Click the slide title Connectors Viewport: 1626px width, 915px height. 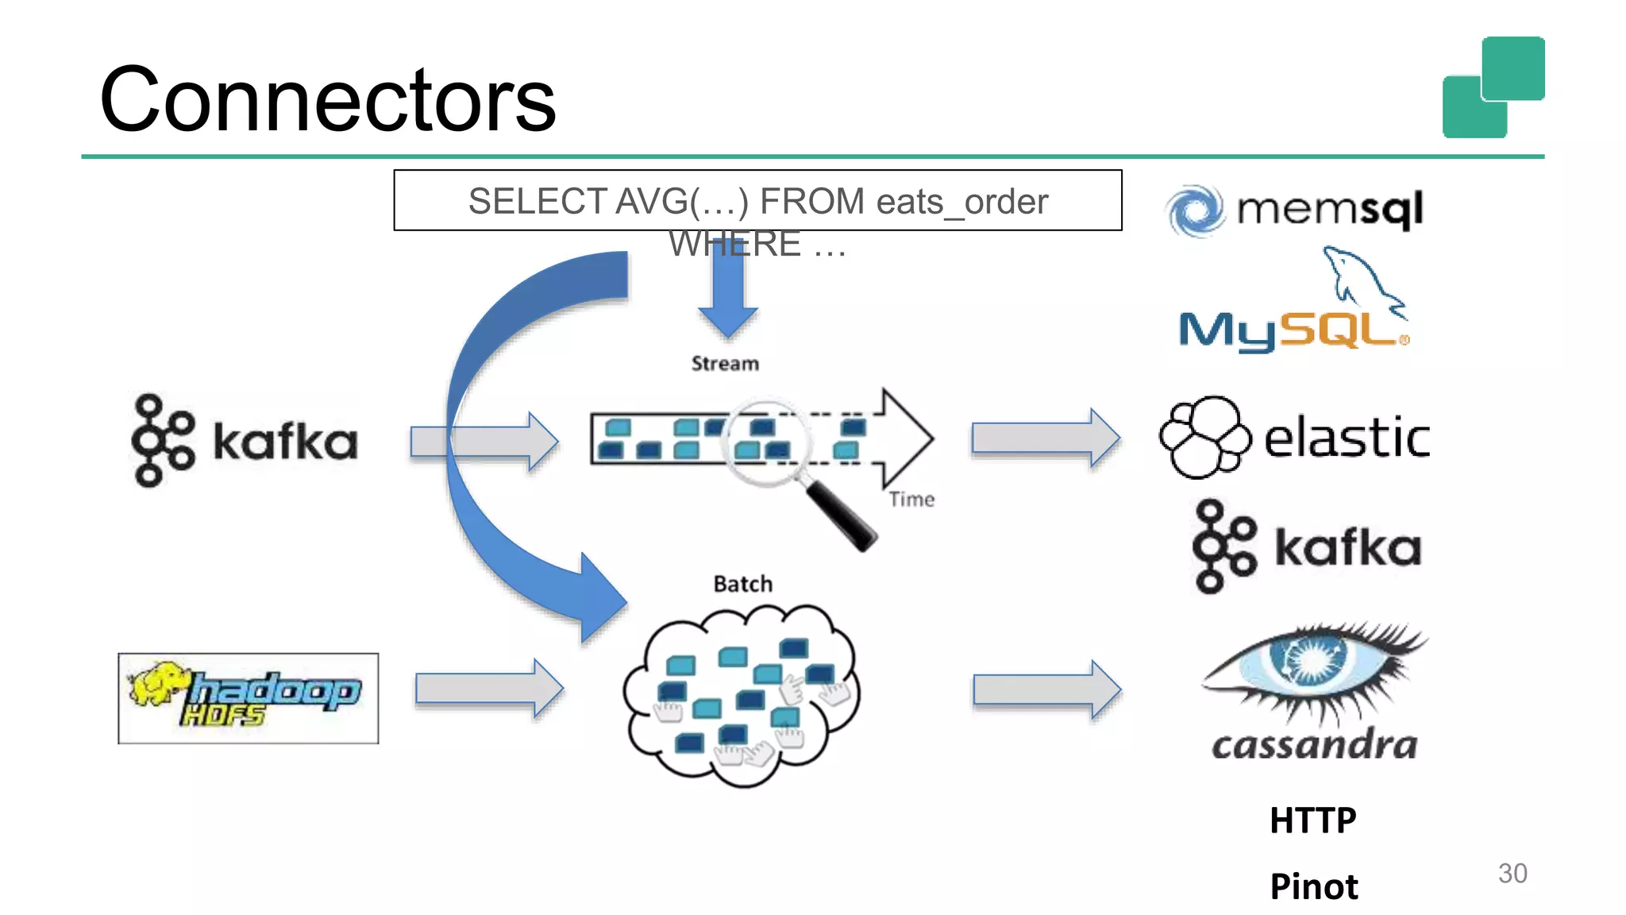pyautogui.click(x=327, y=100)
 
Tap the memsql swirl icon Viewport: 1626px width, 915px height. pyautogui.click(x=1194, y=211)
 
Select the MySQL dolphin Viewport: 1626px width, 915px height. pyautogui.click(x=1362, y=278)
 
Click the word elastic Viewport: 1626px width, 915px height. pyautogui.click(x=1347, y=438)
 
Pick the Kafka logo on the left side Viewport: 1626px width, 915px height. pyautogui.click(x=245, y=440)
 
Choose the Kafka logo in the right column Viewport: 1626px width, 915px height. pyautogui.click(x=1307, y=546)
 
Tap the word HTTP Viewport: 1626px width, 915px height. pyautogui.click(x=1312, y=820)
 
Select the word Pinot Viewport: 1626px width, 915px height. pyautogui.click(x=1313, y=886)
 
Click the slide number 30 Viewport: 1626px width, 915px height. pyautogui.click(x=1512, y=873)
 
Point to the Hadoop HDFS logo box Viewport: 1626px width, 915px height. pyautogui.click(x=249, y=698)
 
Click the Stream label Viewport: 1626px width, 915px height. pyautogui.click(x=725, y=364)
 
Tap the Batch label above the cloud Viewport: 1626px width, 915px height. pyautogui.click(x=742, y=584)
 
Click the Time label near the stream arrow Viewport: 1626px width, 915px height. pyautogui.click(x=911, y=500)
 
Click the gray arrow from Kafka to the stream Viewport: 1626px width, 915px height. pyautogui.click(x=484, y=441)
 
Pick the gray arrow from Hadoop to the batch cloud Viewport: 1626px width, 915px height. pyautogui.click(x=489, y=689)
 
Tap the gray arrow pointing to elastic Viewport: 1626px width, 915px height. pyautogui.click(x=1045, y=438)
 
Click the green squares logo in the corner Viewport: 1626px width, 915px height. pyautogui.click(x=1493, y=87)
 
